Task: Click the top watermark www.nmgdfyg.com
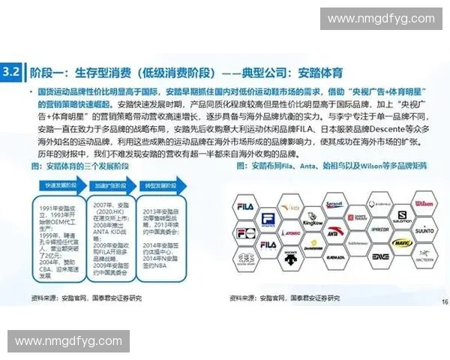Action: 381,19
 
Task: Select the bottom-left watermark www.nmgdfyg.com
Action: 68,341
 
